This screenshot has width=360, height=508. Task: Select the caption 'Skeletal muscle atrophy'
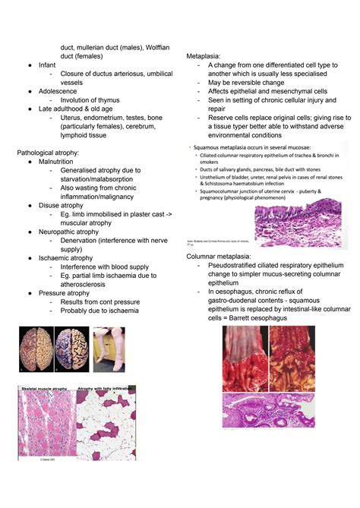[45, 388]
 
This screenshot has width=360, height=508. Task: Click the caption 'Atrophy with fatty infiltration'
[106, 388]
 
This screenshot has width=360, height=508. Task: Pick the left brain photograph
[36, 349]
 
